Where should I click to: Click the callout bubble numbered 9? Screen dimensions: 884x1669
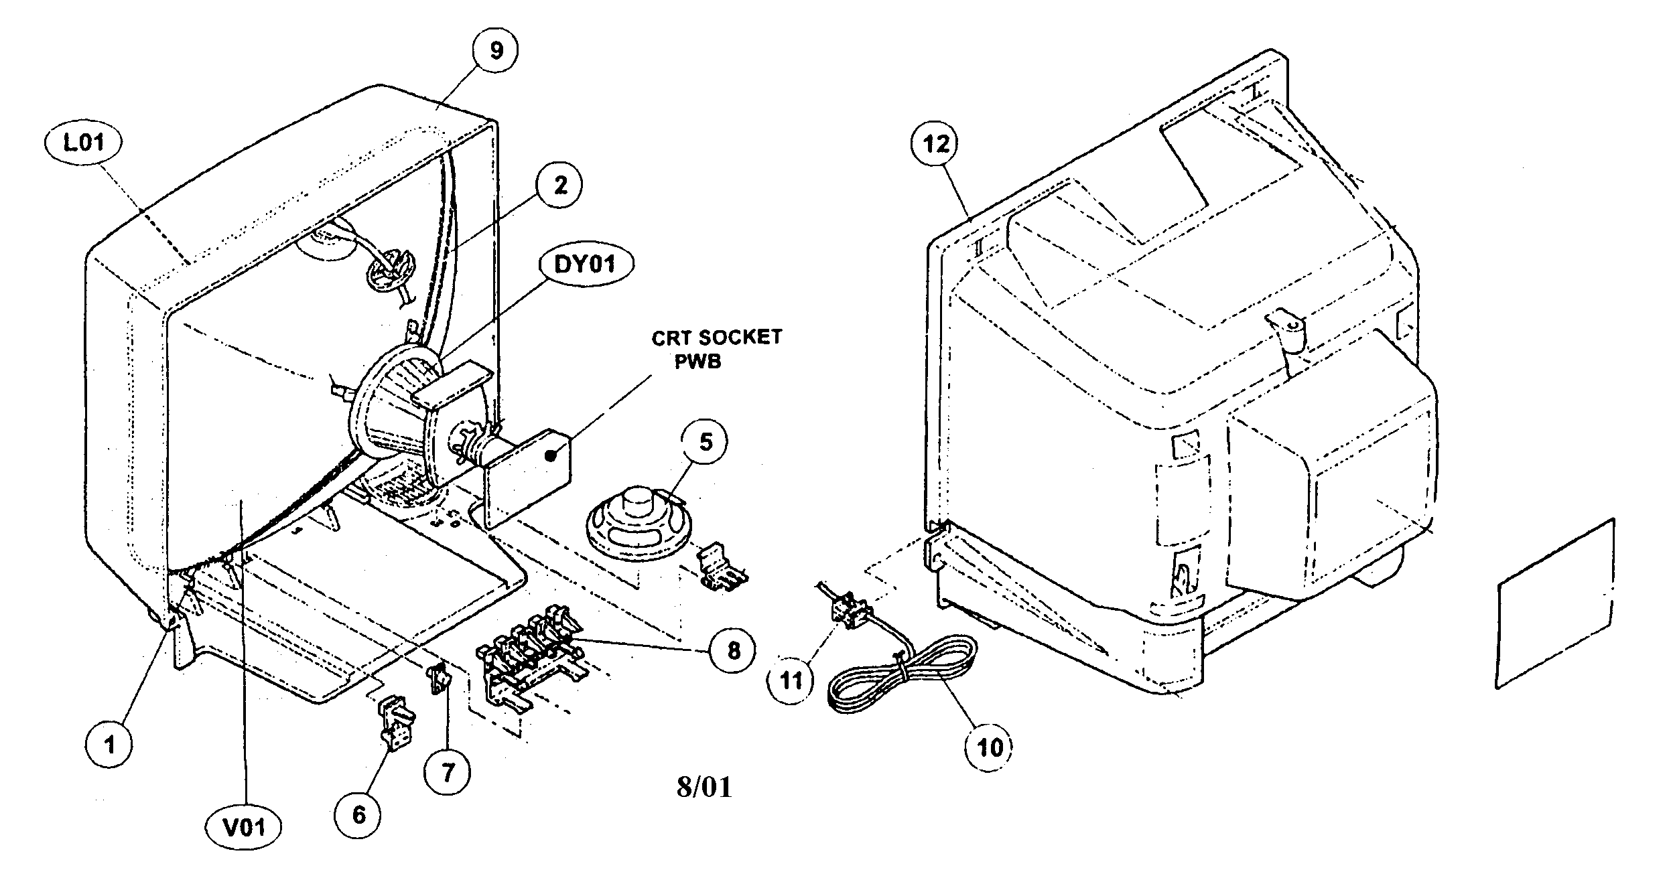[x=495, y=51]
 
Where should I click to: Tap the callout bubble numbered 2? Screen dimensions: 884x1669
[x=559, y=186]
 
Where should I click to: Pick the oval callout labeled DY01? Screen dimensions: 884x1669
[x=585, y=265]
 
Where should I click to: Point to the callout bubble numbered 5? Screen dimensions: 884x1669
[x=706, y=442]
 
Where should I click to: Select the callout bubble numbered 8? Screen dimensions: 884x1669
[x=732, y=650]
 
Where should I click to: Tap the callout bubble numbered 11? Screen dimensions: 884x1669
[x=791, y=681]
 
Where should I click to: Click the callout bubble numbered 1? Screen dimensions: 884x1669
[x=110, y=743]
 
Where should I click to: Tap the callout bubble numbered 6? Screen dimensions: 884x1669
[x=358, y=815]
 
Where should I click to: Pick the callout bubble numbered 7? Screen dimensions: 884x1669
[x=447, y=771]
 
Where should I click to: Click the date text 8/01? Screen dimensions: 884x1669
[x=704, y=787]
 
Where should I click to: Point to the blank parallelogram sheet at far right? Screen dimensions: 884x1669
[x=1554, y=603]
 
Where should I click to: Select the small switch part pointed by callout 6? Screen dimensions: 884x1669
[x=396, y=719]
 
